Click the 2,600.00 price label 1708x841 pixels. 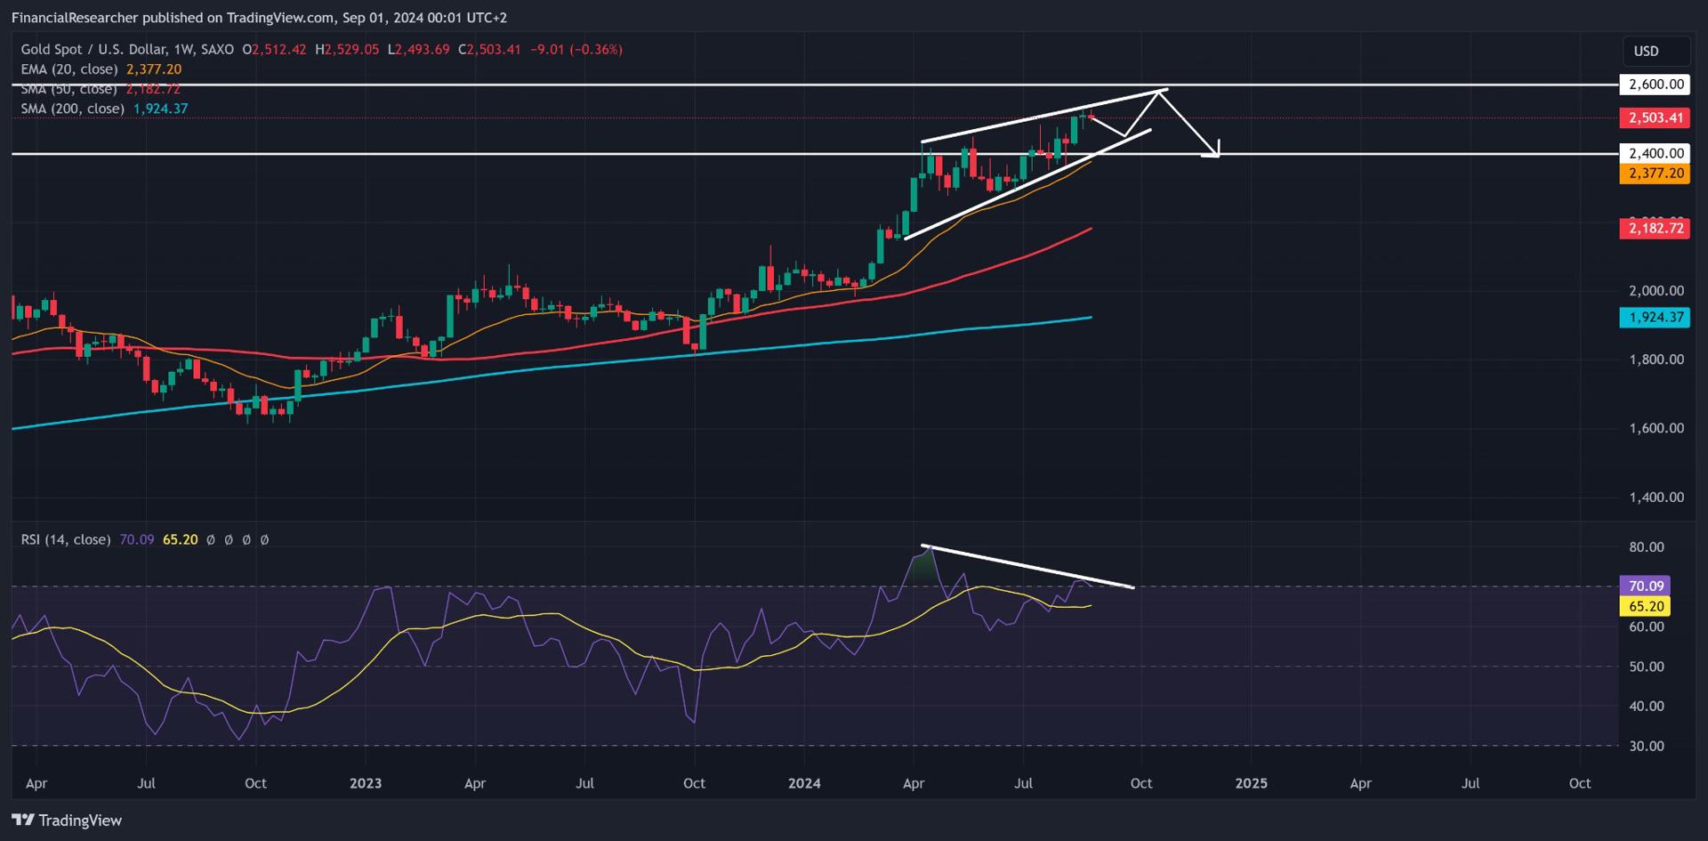[1655, 85]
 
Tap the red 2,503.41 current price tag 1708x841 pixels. [1655, 117]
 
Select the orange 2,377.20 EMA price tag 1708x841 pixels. [1655, 173]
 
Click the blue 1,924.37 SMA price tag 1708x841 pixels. [1655, 317]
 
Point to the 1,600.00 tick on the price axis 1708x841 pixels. [1656, 428]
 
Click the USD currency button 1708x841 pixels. [1646, 51]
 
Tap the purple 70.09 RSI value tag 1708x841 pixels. [1645, 586]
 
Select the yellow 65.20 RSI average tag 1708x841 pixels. [1645, 606]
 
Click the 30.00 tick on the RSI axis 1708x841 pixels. [1646, 746]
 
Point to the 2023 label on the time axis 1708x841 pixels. [365, 783]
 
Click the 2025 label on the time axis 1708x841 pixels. [1251, 783]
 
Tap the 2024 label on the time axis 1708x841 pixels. [804, 783]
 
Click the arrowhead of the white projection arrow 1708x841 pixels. [1214, 152]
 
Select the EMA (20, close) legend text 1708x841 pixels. [69, 69]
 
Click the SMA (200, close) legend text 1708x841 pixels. [73, 109]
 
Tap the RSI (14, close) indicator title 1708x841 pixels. [66, 539]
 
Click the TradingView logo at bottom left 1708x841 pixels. [67, 820]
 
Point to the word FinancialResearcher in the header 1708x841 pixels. [75, 18]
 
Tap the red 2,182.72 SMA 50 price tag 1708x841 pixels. [1655, 229]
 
